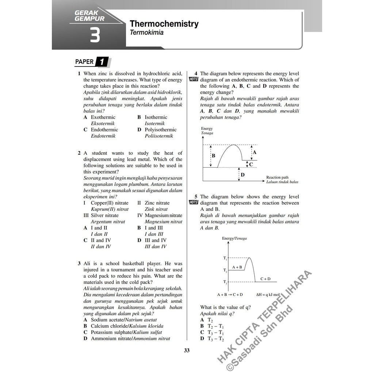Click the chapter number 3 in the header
click(94, 36)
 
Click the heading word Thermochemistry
click(164, 24)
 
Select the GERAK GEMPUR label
click(89, 16)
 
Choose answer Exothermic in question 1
click(103, 117)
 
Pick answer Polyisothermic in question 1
click(160, 130)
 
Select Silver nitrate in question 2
click(104, 215)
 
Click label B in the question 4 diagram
click(213, 156)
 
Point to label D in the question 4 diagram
click(243, 175)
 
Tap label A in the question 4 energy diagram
click(255, 152)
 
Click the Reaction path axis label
click(277, 178)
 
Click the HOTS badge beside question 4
click(193, 80)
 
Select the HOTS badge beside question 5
click(193, 203)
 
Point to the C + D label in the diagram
click(265, 279)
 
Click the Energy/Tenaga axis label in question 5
click(234, 238)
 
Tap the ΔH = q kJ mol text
click(268, 294)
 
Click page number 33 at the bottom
click(187, 351)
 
